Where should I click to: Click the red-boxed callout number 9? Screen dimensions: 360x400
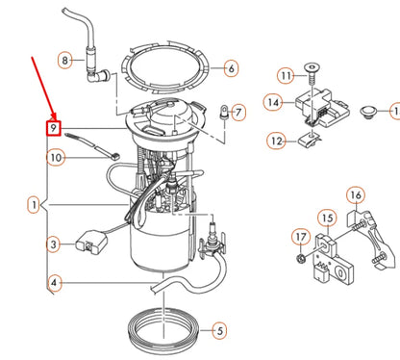(x=56, y=127)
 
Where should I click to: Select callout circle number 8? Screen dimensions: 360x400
(x=65, y=60)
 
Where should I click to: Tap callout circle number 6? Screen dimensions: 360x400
(x=231, y=68)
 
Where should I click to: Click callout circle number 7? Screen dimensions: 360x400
(x=239, y=113)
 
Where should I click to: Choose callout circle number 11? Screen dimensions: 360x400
(x=285, y=75)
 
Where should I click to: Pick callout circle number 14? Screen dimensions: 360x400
(x=273, y=101)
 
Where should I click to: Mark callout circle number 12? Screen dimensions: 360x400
(x=275, y=141)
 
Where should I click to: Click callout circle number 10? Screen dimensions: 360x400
(x=56, y=157)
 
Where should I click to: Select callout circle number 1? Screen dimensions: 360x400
(x=36, y=205)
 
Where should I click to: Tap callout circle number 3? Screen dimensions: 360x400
(x=54, y=244)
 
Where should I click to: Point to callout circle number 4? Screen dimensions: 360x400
(x=55, y=283)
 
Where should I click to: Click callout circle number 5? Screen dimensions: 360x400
(x=220, y=330)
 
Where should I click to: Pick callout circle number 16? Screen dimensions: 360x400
(x=355, y=199)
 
